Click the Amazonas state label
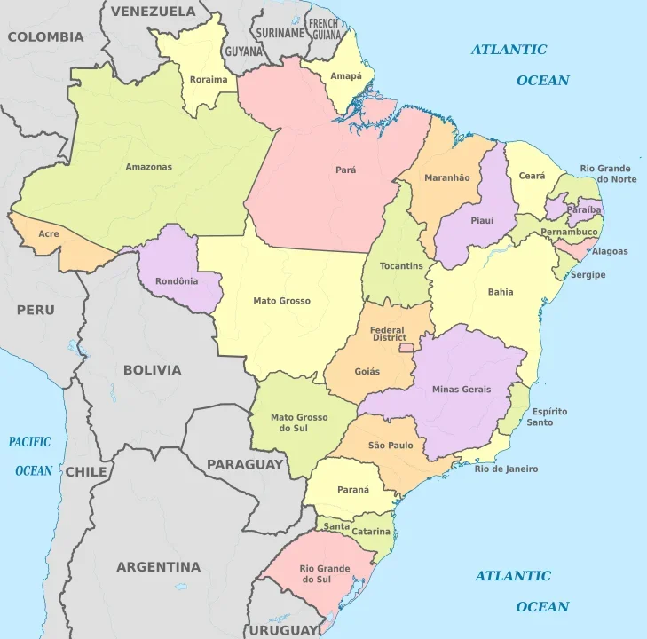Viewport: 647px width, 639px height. pyautogui.click(x=148, y=167)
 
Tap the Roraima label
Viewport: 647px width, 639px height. pyautogui.click(x=209, y=80)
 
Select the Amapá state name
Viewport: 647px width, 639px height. pyautogui.click(x=346, y=76)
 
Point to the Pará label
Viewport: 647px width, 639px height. pyautogui.click(x=346, y=170)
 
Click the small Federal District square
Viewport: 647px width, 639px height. pyautogui.click(x=407, y=348)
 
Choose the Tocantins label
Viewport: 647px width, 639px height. pyautogui.click(x=401, y=266)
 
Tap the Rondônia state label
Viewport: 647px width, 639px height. pyautogui.click(x=177, y=282)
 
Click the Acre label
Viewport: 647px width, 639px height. pyautogui.click(x=49, y=234)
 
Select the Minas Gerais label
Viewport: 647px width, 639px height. pyautogui.click(x=462, y=390)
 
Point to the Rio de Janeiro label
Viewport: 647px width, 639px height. pyautogui.click(x=506, y=469)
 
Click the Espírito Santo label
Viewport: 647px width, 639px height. pyautogui.click(x=549, y=417)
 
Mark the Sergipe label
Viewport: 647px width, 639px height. pyautogui.click(x=588, y=275)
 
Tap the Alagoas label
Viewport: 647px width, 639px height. pyautogui.click(x=610, y=251)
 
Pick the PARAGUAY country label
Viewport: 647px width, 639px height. pyautogui.click(x=245, y=464)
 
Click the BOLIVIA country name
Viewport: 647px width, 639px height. pyautogui.click(x=152, y=370)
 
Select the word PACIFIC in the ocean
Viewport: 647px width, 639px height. pyautogui.click(x=30, y=442)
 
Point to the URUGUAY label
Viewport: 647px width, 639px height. pyautogui.click(x=282, y=629)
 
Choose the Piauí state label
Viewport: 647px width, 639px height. pyautogui.click(x=482, y=220)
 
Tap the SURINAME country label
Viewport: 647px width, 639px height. pyautogui.click(x=280, y=33)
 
